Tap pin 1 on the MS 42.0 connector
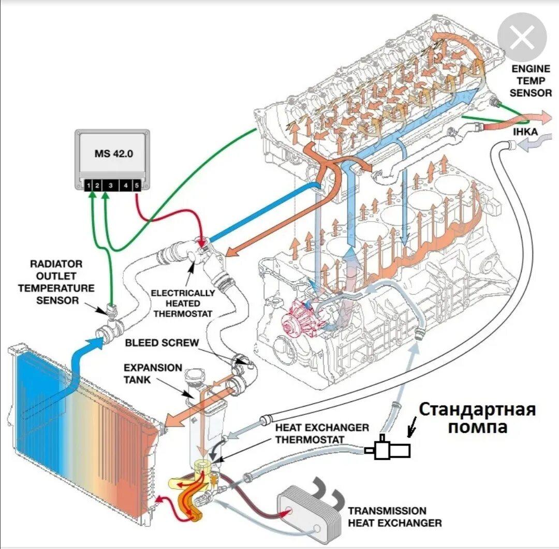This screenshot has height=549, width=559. point(89,184)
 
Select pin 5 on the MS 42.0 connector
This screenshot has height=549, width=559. point(137,184)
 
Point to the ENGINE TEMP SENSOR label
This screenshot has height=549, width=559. point(531,81)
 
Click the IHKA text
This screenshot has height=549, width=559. point(525,133)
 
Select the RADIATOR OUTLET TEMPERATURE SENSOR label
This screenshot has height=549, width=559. point(56,282)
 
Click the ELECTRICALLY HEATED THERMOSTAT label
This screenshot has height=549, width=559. point(183,303)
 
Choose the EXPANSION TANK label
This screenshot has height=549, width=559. point(153,373)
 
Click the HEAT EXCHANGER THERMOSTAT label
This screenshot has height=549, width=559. point(322,434)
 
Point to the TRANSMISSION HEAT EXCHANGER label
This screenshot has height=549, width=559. point(395,516)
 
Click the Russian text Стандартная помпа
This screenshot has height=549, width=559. point(477,418)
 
